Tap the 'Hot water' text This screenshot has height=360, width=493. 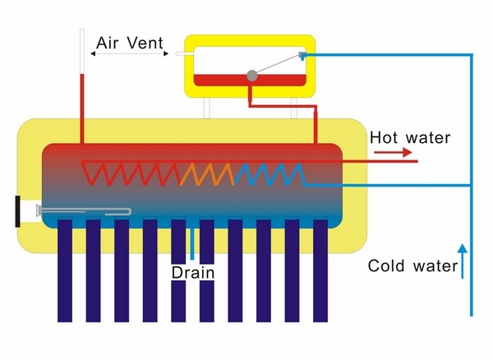pos(409,137)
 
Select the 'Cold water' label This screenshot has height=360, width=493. pos(412,265)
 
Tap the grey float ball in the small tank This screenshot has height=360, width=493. pos(252,76)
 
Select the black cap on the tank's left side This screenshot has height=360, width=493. pos(19,211)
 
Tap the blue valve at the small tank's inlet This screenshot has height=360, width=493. pos(302,55)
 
